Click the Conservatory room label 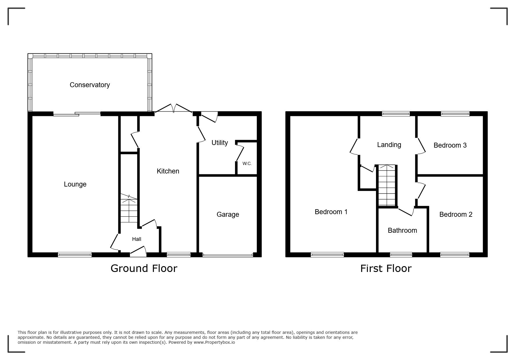90,85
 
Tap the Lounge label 75,184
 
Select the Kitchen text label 168,171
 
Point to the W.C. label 247,164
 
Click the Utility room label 220,143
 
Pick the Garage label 228,214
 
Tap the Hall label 136,239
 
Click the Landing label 389,145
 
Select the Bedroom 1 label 331,212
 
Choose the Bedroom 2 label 456,214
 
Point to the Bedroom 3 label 450,145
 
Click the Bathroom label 402,230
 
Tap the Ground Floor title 144,268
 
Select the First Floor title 386,268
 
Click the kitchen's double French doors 174,108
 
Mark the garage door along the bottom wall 228,255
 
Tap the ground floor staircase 129,208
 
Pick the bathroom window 401,255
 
